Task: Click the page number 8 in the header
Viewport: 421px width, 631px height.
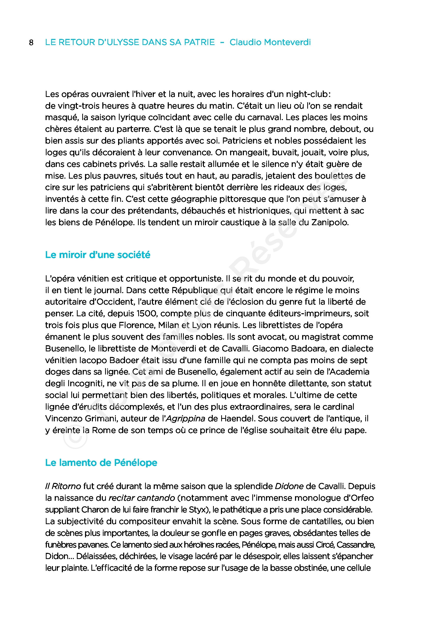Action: [x=31, y=43]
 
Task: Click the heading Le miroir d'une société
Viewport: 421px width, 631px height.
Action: [x=97, y=255]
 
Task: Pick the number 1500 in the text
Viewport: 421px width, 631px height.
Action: [x=147, y=313]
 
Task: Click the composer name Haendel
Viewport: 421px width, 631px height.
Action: [x=232, y=419]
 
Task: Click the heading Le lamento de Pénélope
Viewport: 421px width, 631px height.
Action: [x=101, y=463]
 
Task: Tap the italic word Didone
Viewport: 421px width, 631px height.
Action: [x=289, y=486]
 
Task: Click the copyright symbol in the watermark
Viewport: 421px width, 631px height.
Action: [x=75, y=436]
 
